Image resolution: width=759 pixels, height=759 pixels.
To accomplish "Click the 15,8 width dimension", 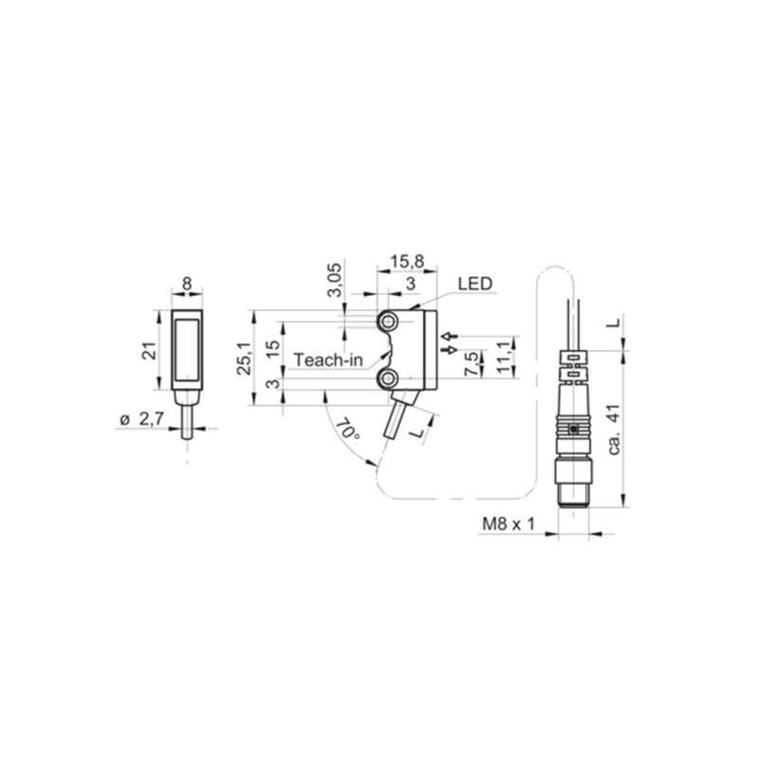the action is tap(407, 262).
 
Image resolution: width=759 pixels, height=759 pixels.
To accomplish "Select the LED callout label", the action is tap(475, 284).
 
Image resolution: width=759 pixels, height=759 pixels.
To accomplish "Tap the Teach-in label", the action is tap(328, 360).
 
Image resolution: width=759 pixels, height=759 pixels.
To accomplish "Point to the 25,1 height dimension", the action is tap(244, 358).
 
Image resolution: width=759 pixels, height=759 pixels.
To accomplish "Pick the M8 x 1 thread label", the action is tap(509, 524).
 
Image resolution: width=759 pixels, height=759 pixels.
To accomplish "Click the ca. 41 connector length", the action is tap(613, 429).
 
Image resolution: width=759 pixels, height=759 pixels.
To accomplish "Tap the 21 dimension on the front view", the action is tap(150, 350).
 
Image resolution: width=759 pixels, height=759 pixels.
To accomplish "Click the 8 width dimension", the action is tap(187, 284).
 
